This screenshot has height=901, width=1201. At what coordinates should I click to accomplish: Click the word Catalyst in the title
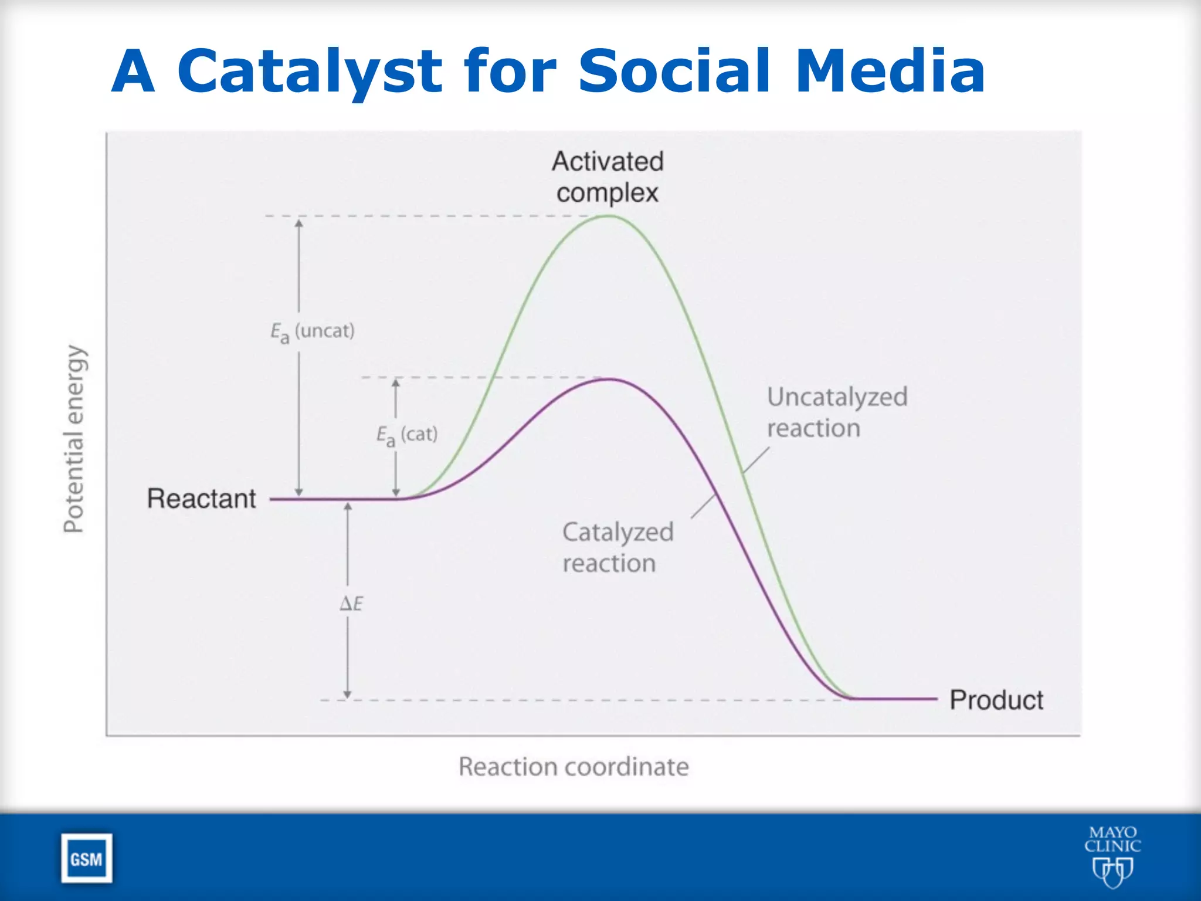tap(309, 72)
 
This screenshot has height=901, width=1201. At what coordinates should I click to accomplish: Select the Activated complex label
tap(608, 177)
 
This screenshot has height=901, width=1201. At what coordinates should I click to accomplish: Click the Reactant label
tap(201, 499)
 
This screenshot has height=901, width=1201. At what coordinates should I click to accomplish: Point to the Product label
tap(996, 700)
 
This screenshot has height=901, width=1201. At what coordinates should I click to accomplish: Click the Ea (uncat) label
tap(312, 332)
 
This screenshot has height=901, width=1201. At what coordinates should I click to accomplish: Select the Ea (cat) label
tap(407, 435)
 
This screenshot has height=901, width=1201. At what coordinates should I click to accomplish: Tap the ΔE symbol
tap(351, 603)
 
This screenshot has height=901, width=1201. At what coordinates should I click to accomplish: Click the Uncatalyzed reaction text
tap(837, 412)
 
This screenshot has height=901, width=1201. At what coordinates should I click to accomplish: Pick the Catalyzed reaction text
tap(618, 547)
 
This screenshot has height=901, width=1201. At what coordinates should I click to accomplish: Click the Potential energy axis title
tap(74, 439)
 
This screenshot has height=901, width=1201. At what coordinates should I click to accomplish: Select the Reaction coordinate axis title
tap(574, 767)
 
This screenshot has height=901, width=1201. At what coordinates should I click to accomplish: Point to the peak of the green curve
tap(608, 216)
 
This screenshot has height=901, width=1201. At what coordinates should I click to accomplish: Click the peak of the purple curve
tap(610, 380)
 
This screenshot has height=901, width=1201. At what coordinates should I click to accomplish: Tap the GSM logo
tap(87, 858)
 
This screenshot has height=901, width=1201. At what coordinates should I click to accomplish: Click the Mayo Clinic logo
tap(1112, 855)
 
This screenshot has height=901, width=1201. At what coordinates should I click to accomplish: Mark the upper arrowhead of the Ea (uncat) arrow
tap(299, 223)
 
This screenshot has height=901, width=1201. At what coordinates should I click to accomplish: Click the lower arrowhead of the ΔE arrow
tap(347, 695)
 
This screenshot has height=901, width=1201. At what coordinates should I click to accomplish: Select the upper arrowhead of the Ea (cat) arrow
tap(396, 384)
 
